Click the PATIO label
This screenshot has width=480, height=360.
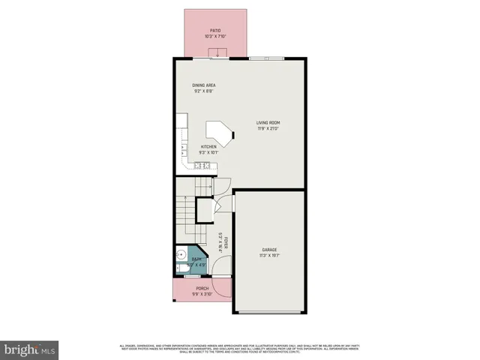coord(215,31)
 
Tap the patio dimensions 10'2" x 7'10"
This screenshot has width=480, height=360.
coord(215,37)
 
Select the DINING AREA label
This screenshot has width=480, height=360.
coord(203,85)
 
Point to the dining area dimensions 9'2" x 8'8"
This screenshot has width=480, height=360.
coord(203,91)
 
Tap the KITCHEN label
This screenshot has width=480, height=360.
coord(208,147)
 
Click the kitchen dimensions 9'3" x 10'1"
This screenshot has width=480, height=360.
coord(208,153)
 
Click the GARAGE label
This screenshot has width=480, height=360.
coord(270,250)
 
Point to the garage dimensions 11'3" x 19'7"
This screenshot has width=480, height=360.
coord(270,256)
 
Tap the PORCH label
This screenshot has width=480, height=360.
coord(202,288)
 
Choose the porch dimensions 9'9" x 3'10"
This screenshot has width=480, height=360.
coord(202,294)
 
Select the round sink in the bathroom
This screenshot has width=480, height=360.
coord(181,253)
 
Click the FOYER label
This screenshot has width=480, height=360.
coord(224,244)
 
